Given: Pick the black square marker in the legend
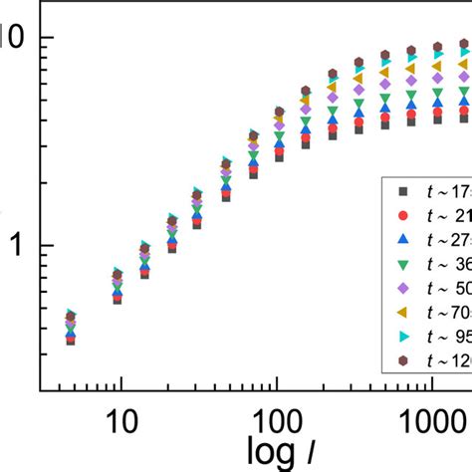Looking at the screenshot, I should (402, 190).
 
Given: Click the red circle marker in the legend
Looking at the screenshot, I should (402, 215).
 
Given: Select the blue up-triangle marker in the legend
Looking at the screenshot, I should (402, 240).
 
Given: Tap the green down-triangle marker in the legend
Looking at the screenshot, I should (402, 265).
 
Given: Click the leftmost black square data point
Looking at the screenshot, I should (71, 340).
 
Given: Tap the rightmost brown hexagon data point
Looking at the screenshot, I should (464, 44).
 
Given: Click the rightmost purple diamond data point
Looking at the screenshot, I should (464, 77).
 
